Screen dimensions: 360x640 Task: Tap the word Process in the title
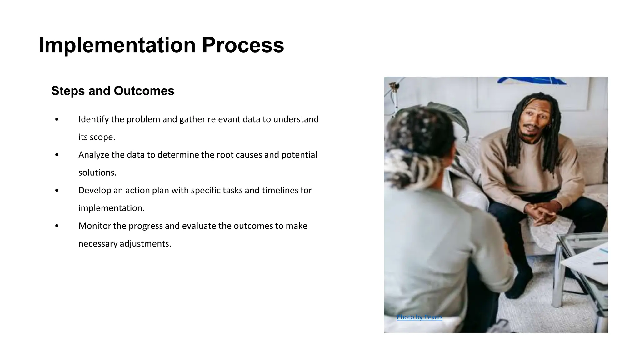(x=243, y=45)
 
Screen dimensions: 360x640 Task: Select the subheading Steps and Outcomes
(x=112, y=91)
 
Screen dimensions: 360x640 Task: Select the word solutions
(x=97, y=173)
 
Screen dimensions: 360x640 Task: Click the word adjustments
(x=145, y=244)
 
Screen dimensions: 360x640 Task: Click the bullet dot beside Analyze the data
(x=57, y=155)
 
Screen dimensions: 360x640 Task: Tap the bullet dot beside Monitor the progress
(x=57, y=226)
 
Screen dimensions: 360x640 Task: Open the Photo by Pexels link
(x=419, y=317)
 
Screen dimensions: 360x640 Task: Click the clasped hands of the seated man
(x=541, y=214)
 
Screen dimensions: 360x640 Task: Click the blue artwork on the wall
(x=531, y=81)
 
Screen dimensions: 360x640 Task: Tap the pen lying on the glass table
(x=600, y=263)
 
